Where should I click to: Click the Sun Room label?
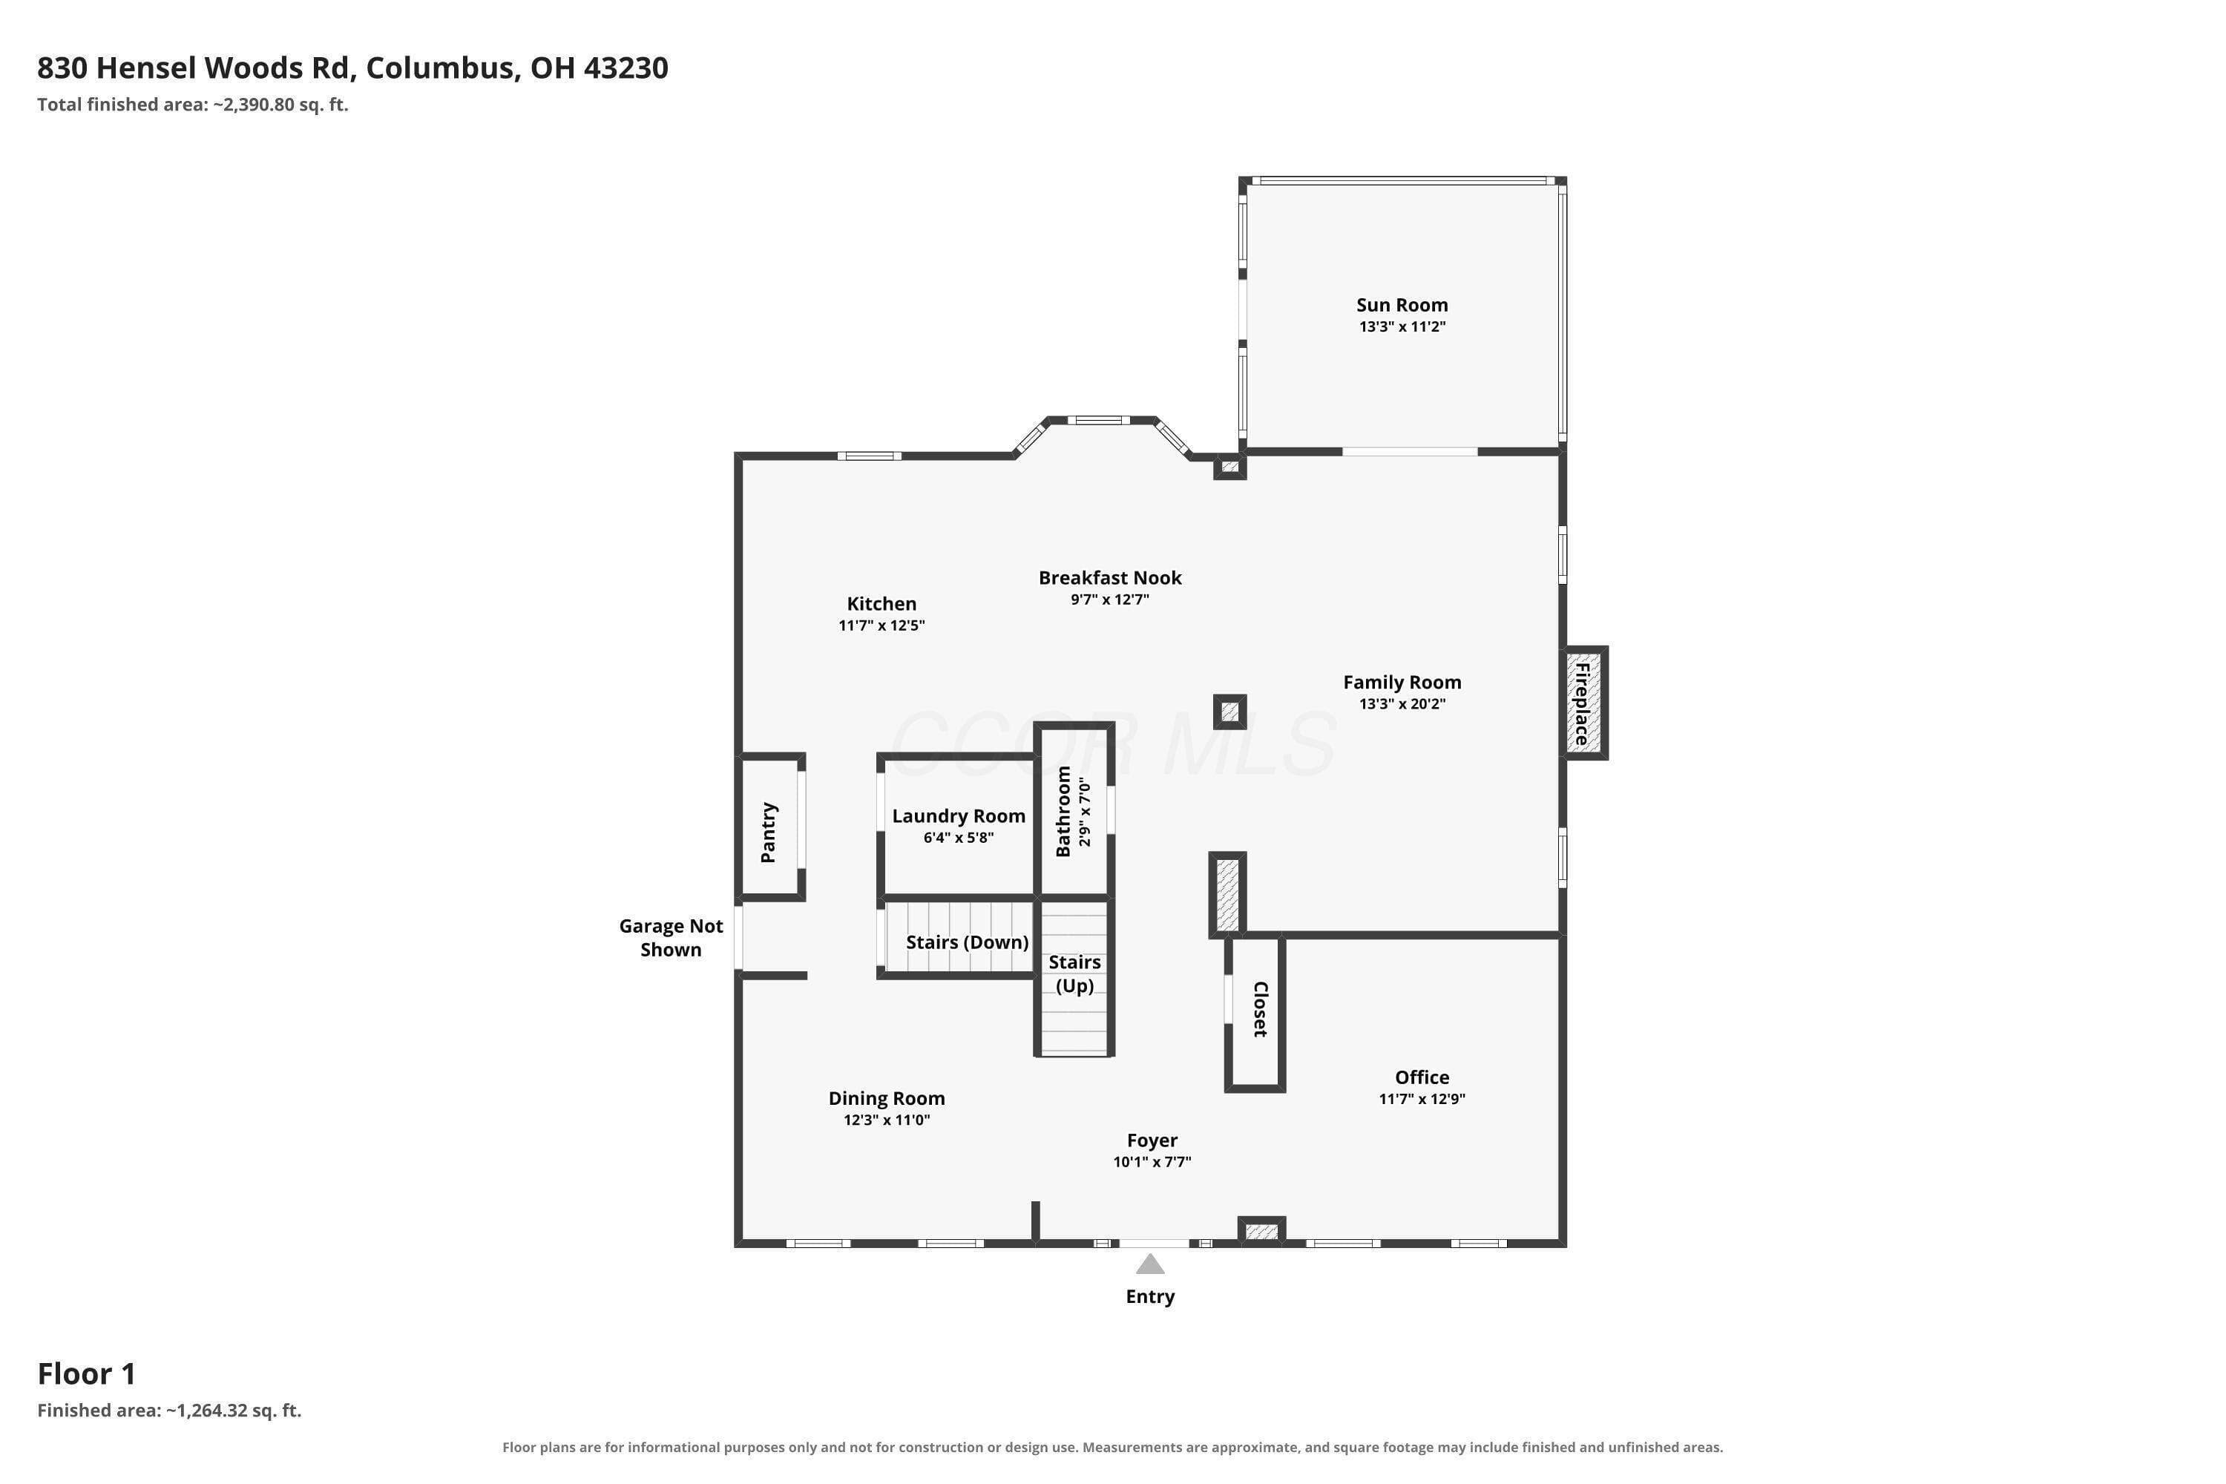pos(1402,305)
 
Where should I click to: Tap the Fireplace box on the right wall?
pos(1584,703)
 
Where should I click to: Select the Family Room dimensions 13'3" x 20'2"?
pos(1402,704)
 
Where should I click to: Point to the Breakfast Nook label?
pos(1109,577)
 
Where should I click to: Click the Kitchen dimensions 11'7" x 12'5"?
pos(881,626)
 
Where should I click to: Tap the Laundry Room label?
pos(958,815)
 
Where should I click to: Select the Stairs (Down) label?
pos(966,942)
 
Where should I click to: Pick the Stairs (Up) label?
pos(1074,974)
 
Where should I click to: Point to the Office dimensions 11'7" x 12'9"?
pos(1422,1099)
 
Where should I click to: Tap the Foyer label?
pos(1152,1140)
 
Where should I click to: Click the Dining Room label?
pos(886,1098)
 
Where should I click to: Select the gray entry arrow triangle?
pos(1150,1264)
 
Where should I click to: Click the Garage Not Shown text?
pos(670,938)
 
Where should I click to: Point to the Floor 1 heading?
pos(87,1373)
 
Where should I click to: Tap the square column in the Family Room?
pos(1229,712)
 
